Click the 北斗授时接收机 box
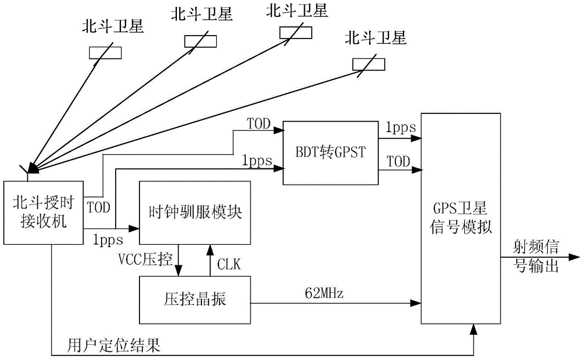point(44,212)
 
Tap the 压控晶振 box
point(194,300)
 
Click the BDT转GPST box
point(331,151)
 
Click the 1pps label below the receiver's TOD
point(107,238)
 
